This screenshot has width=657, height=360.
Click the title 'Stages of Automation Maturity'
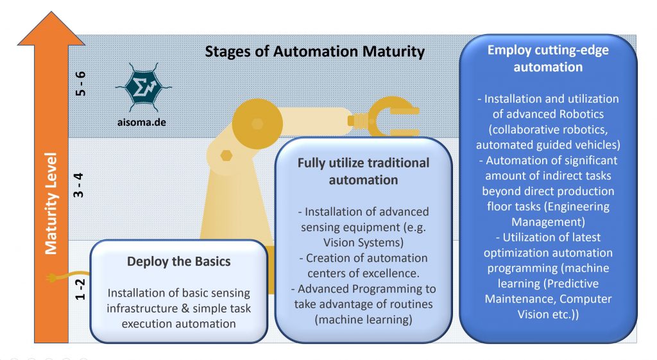pyautogui.click(x=314, y=51)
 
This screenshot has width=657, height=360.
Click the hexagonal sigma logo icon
pyautogui.click(x=138, y=86)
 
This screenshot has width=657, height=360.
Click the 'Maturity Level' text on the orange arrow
pyautogui.click(x=51, y=203)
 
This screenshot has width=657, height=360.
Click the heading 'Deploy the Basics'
pyautogui.click(x=178, y=262)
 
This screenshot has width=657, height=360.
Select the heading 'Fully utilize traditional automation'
pyautogui.click(x=363, y=171)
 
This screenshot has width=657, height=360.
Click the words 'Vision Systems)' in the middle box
pyautogui.click(x=363, y=241)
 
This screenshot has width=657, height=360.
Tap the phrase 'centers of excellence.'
pyautogui.click(x=363, y=273)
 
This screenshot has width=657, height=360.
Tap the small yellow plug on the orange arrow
pyautogui.click(x=52, y=278)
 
